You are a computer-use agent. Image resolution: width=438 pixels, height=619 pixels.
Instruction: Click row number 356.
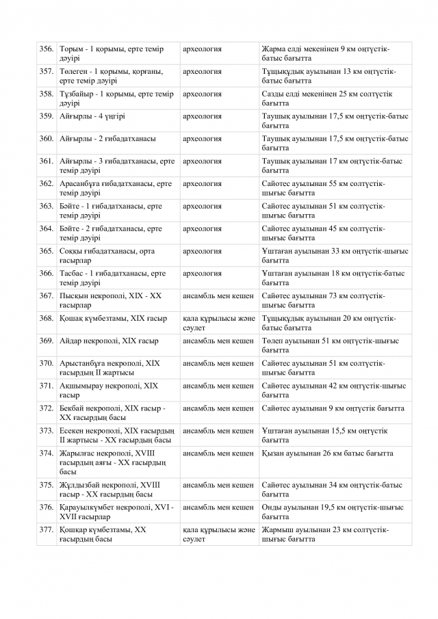point(47,49)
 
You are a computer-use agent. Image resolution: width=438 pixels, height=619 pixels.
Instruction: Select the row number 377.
point(47,529)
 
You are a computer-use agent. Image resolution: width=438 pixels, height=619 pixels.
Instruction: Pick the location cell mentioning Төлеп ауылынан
point(335,345)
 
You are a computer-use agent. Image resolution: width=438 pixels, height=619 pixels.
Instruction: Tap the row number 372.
point(47,408)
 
